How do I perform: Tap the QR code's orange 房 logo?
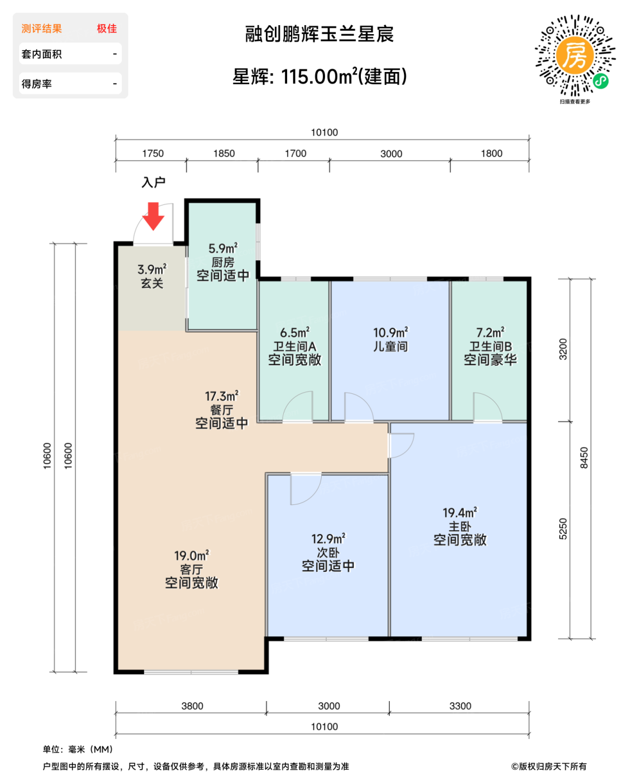(574, 55)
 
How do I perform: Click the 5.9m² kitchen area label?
(223, 249)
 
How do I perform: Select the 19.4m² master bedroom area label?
(460, 513)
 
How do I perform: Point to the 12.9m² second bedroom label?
(328, 539)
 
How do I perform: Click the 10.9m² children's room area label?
(390, 333)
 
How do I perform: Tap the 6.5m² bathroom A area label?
(294, 333)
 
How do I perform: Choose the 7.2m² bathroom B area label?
(490, 333)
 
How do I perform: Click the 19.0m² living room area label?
(191, 556)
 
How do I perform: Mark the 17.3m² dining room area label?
(221, 397)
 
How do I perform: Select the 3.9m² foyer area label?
(152, 270)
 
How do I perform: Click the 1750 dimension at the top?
(152, 154)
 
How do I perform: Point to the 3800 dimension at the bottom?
(192, 706)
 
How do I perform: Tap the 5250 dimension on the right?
(563, 529)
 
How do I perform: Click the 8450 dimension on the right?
(584, 458)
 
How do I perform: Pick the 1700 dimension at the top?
(295, 154)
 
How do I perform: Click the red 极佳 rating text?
(107, 28)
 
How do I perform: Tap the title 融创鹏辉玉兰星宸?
(319, 34)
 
